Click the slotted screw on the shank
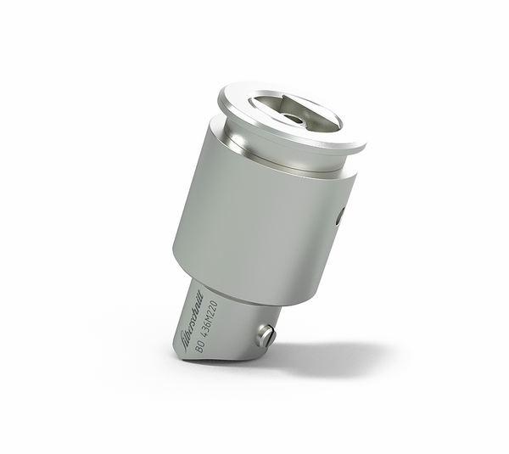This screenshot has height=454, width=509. click(x=266, y=335)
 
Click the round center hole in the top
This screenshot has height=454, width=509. click(x=294, y=117)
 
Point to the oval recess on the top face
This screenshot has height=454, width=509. click(x=293, y=115)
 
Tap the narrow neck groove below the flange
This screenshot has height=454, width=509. click(x=280, y=158)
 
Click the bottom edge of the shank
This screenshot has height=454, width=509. click(x=212, y=359)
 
